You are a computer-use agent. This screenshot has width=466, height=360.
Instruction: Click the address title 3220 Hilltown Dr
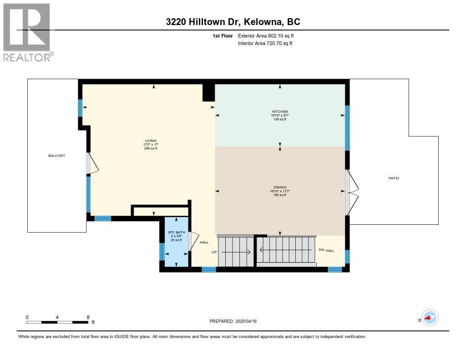(x=233, y=22)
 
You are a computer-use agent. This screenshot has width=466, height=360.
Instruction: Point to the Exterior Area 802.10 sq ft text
(x=269, y=35)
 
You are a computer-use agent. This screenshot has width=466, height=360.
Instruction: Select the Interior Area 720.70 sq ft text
(x=265, y=43)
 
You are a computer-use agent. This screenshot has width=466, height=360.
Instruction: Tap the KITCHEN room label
(x=280, y=112)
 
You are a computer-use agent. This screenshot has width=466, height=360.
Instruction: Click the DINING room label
(x=280, y=187)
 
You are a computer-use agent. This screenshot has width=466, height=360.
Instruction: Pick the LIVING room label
(x=150, y=141)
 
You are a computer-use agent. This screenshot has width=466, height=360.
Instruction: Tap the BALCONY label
(x=57, y=156)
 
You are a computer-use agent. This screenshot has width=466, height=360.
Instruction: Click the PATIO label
(x=394, y=178)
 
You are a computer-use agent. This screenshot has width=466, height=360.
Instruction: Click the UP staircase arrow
(x=236, y=252)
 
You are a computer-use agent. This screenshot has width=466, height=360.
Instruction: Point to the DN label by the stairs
(x=321, y=250)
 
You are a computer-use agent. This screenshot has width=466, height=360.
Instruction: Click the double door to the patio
(x=351, y=192)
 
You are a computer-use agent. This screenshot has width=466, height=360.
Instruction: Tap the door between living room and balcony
(x=92, y=163)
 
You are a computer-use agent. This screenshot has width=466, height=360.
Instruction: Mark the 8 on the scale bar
(x=88, y=317)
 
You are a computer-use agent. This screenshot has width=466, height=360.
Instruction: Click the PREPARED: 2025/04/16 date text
(x=233, y=321)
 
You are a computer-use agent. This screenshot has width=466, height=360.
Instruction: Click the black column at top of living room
(x=208, y=92)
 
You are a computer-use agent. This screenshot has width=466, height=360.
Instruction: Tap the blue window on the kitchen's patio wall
(x=347, y=128)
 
